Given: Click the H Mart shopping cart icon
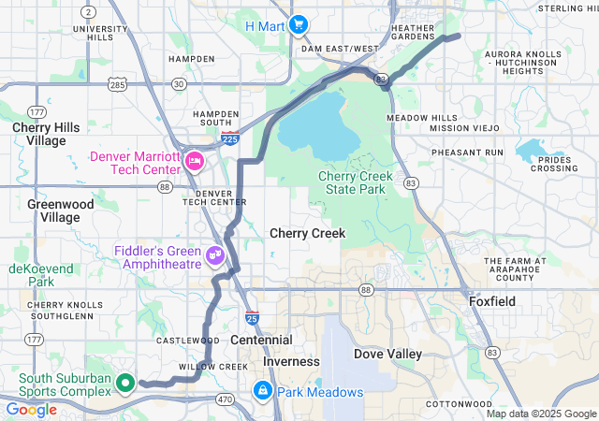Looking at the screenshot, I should tap(299, 24).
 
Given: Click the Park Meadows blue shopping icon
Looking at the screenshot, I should tap(263, 389).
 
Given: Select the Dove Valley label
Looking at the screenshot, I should tap(387, 354).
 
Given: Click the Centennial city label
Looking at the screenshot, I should tap(261, 340).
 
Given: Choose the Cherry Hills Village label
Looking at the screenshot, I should tap(39, 133).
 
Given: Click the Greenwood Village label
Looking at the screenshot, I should tap(60, 210).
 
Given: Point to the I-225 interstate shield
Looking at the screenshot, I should tap(230, 138).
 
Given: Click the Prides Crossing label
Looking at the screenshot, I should tap(554, 164).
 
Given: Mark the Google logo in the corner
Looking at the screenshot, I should tap(32, 410).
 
